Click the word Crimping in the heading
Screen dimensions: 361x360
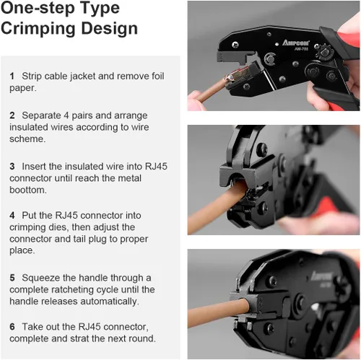pos(38,29)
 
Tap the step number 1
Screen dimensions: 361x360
pos(12,76)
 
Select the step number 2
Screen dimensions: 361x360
pos(12,115)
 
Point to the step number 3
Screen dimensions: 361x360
pos(12,167)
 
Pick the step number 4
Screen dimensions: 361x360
pos(12,216)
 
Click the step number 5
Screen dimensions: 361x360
pos(12,278)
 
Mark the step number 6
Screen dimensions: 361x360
pos(12,327)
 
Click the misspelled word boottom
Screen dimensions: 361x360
pos(28,190)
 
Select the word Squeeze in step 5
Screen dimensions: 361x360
pos(41,278)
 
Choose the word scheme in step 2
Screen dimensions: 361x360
pos(27,139)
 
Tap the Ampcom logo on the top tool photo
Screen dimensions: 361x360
pos(296,43)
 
